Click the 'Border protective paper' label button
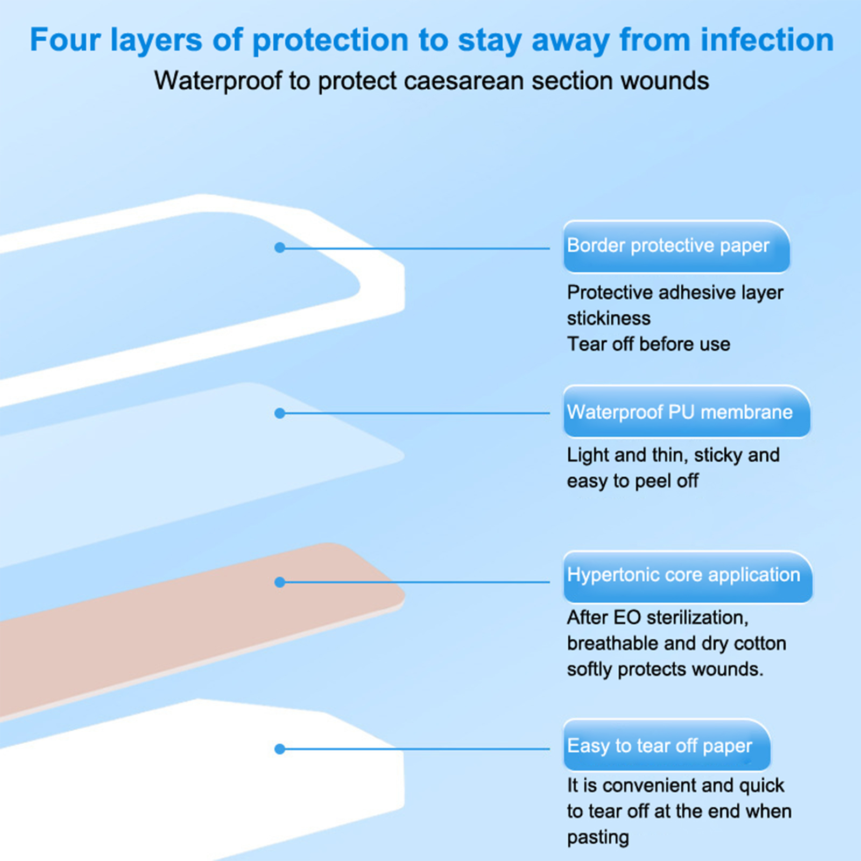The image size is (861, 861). click(x=676, y=246)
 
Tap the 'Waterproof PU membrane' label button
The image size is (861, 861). click(x=687, y=412)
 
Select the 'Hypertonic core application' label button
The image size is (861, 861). click(x=688, y=576)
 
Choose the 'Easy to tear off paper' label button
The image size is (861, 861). click(x=667, y=745)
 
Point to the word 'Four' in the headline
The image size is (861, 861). click(x=65, y=40)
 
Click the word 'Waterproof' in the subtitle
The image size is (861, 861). click(x=218, y=81)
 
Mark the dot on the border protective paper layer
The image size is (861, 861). click(x=279, y=248)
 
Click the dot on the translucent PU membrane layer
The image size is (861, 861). click(x=279, y=413)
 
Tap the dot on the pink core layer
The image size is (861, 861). click(x=279, y=582)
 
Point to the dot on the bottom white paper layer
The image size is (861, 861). click(x=279, y=749)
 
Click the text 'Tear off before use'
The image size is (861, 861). click(x=648, y=344)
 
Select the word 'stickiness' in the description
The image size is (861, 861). click(x=609, y=318)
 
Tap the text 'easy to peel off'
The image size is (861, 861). click(x=633, y=481)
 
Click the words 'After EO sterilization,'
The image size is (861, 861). click(x=658, y=618)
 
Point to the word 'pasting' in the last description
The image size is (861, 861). click(x=598, y=837)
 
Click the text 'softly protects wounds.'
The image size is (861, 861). click(x=665, y=669)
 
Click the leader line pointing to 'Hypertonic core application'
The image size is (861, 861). click(x=414, y=582)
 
